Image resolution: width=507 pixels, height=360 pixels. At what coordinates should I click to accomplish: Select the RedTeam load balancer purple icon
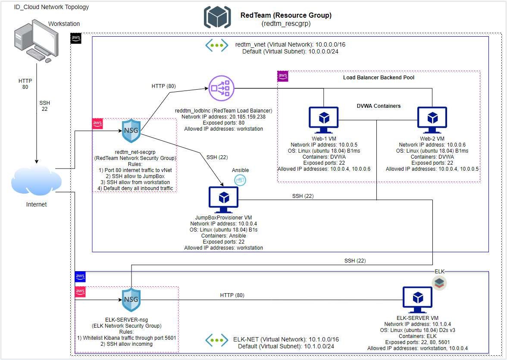[x=221, y=89]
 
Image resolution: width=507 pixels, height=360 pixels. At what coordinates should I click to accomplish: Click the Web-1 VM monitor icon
[x=323, y=118]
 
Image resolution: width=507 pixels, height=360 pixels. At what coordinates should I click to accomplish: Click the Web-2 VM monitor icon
[x=432, y=118]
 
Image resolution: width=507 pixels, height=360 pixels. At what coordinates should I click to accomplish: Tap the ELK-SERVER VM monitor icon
[x=417, y=299]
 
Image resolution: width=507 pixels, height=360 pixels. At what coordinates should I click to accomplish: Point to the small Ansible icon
[x=240, y=180]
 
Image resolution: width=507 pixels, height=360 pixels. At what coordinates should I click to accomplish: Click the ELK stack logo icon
[x=439, y=283]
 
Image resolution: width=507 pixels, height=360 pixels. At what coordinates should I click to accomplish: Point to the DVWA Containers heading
[x=379, y=106]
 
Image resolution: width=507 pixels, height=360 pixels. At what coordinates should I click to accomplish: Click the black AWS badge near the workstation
[x=76, y=38]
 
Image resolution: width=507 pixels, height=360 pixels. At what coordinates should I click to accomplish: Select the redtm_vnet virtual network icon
[x=216, y=45]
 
